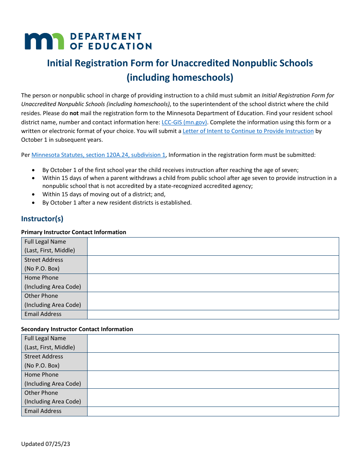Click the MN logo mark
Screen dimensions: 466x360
[x=44, y=41]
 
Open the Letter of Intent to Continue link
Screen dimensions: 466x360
[x=248, y=131]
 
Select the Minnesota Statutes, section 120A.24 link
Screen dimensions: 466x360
[x=99, y=155]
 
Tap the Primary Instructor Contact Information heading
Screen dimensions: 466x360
[x=74, y=232]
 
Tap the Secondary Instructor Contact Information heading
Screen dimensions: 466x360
[x=77, y=329]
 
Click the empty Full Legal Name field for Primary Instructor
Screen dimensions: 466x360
[x=213, y=246]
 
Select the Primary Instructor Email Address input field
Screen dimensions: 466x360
[x=213, y=314]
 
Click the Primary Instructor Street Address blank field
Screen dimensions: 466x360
[x=213, y=264]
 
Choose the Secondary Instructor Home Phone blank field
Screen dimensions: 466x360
[x=213, y=379]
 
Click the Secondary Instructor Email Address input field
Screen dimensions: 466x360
[x=213, y=411]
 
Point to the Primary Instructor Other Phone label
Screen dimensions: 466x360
[x=41, y=296]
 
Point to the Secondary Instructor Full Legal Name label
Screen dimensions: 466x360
[x=45, y=338]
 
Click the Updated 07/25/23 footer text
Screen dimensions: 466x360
[x=45, y=444]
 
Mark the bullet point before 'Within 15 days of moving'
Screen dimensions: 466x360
[x=34, y=194]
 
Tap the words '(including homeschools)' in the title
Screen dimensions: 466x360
[x=180, y=78]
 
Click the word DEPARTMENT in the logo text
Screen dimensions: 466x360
[x=106, y=36]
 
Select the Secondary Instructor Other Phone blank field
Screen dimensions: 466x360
[x=213, y=397]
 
